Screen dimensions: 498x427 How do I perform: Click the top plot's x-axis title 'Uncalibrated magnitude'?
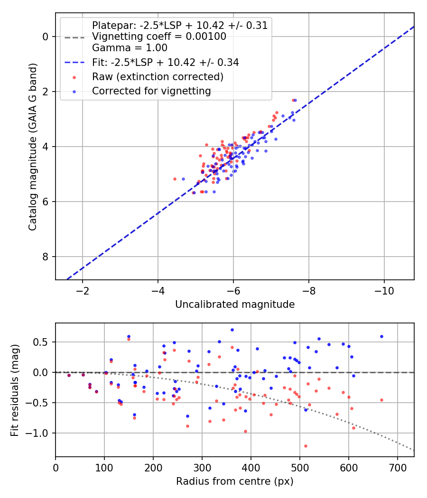click(235, 304)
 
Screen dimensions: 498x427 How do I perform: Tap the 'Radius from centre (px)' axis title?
click(235, 482)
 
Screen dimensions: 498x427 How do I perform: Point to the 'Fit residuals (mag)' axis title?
click(15, 390)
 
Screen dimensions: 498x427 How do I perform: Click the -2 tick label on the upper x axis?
click(83, 290)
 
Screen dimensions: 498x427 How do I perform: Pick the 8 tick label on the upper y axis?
click(46, 257)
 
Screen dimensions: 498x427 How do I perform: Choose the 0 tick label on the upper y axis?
click(46, 37)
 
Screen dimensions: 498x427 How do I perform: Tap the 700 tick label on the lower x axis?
click(397, 468)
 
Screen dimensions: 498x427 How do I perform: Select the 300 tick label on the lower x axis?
click(202, 468)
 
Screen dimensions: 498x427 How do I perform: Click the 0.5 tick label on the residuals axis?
click(43, 342)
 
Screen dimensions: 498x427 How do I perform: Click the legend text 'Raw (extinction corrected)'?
click(158, 76)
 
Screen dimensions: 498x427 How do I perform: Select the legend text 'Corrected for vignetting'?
click(151, 91)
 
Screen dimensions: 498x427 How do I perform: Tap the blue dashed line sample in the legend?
click(74, 62)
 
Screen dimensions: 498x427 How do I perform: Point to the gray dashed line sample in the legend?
click(74, 37)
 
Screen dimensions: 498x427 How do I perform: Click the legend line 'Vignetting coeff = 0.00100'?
click(159, 37)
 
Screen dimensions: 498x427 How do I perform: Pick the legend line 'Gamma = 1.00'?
click(130, 48)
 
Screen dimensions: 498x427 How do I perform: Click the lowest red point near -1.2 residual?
click(306, 446)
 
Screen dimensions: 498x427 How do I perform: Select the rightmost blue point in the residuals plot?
click(381, 336)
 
